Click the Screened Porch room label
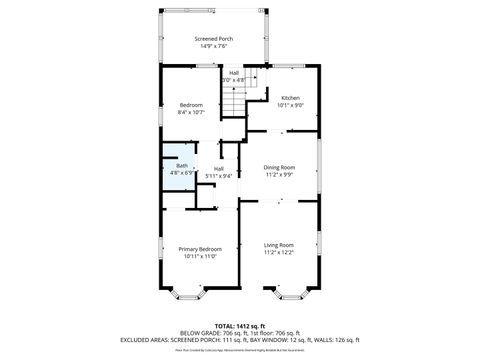click(x=213, y=37)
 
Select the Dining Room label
click(x=279, y=167)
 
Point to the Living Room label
click(x=279, y=244)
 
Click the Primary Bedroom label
click(x=200, y=248)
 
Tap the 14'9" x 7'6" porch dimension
click(x=213, y=45)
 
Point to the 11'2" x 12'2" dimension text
click(x=279, y=252)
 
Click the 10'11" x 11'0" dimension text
click(x=200, y=256)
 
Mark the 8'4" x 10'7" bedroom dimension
click(x=191, y=112)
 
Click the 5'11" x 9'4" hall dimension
click(x=218, y=176)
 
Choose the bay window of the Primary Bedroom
click(x=188, y=294)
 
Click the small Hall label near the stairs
click(x=234, y=73)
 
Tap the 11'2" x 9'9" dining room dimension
click(x=279, y=175)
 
